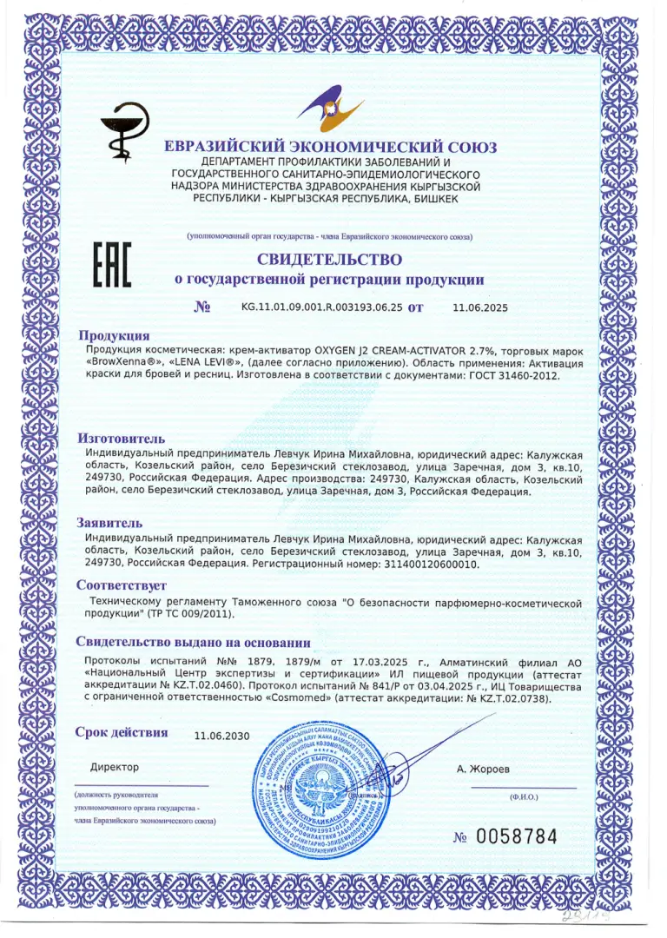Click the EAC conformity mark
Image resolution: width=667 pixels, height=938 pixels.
(111, 266)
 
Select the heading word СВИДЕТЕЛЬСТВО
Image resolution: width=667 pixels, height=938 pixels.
(329, 259)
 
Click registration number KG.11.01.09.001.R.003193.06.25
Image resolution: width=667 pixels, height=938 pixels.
(322, 307)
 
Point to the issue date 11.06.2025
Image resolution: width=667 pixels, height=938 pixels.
(480, 307)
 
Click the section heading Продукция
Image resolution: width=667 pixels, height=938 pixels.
(114, 335)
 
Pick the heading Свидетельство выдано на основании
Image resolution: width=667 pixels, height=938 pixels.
(193, 643)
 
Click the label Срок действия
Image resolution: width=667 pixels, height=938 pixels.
(121, 732)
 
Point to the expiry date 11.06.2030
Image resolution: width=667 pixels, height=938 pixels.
(221, 736)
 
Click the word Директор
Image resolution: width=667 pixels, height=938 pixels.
(114, 767)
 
